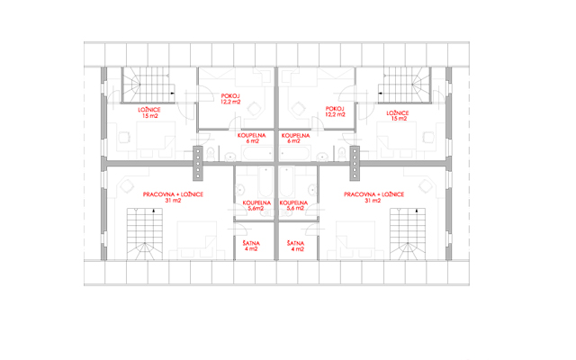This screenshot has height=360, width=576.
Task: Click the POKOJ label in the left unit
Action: click(x=230, y=96)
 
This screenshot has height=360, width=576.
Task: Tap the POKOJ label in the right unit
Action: click(x=334, y=109)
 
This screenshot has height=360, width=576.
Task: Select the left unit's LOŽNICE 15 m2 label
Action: click(x=149, y=112)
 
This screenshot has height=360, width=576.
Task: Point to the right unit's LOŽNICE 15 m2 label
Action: click(x=398, y=116)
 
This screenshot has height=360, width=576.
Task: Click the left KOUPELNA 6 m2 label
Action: click(x=251, y=138)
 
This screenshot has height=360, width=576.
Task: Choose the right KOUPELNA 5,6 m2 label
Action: click(x=293, y=205)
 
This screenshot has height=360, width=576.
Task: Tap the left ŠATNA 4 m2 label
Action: click(x=251, y=246)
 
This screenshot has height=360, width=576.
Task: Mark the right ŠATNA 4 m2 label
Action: click(x=296, y=246)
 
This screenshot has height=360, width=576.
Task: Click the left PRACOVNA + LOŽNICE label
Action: click(x=173, y=194)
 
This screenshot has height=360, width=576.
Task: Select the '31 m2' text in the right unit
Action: click(x=373, y=201)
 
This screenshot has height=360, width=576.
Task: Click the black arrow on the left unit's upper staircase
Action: click(x=172, y=94)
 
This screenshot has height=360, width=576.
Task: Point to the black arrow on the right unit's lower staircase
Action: click(x=416, y=211)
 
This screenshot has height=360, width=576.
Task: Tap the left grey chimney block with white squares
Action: click(x=198, y=163)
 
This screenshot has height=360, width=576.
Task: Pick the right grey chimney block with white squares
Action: click(x=355, y=163)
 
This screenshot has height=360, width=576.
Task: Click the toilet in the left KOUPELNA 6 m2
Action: click(x=211, y=154)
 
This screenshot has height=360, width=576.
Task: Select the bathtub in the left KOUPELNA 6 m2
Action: click(x=257, y=153)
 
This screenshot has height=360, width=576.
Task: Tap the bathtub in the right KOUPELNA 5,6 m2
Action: click(x=286, y=182)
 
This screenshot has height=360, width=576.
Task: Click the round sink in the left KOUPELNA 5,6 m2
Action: click(x=240, y=190)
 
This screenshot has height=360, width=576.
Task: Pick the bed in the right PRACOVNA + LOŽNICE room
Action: click(x=355, y=240)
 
